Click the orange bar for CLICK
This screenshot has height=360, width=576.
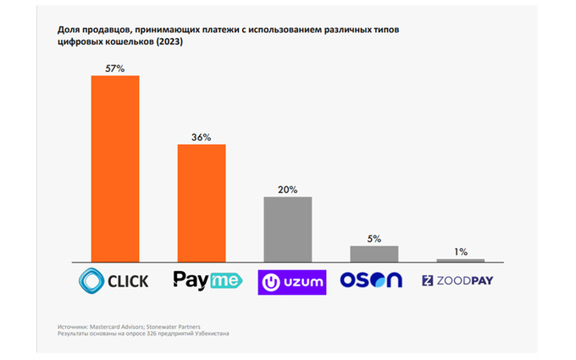(x=115, y=169)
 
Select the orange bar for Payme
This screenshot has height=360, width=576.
(x=202, y=203)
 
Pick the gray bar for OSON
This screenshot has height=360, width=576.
(x=374, y=253)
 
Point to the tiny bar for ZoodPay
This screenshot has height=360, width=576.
(x=461, y=260)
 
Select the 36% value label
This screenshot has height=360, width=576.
(x=202, y=136)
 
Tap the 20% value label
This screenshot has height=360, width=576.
(x=288, y=189)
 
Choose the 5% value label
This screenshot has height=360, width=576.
(x=374, y=238)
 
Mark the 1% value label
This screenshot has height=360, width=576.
(x=461, y=252)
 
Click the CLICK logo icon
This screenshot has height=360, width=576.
(x=91, y=280)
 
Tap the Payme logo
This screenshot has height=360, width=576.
(x=202, y=280)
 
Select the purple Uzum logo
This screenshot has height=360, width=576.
(x=291, y=280)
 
